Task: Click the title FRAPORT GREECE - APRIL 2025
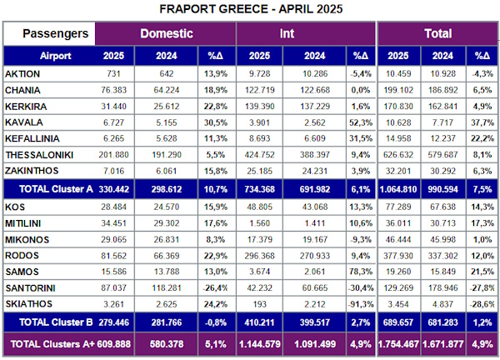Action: [249, 9]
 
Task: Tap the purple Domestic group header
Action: [166, 34]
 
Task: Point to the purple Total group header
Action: [437, 34]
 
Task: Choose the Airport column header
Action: [49, 56]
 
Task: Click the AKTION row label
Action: [22, 74]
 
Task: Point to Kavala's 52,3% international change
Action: [360, 122]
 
